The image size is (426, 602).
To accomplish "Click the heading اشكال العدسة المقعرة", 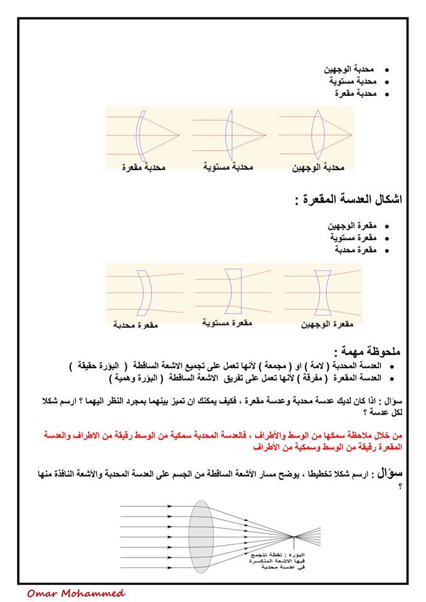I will pyautogui.click(x=348, y=200).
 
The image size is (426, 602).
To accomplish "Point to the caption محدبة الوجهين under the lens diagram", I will pyautogui.click(x=319, y=168).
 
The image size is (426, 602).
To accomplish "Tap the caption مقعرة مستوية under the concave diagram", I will pyautogui.click(x=227, y=322).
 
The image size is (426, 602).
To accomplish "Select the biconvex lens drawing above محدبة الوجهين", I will pyautogui.click(x=318, y=135).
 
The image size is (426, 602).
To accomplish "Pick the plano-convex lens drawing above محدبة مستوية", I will pyautogui.click(x=230, y=135).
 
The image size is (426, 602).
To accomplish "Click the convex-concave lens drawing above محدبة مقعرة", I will pyautogui.click(x=141, y=135).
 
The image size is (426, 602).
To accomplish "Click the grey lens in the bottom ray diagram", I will pyautogui.click(x=201, y=535).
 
